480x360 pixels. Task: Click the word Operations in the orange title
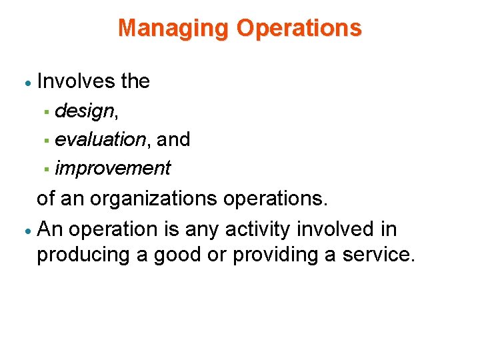[299, 28]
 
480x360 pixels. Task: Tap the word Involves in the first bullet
[77, 81]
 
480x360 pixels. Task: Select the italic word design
[84, 111]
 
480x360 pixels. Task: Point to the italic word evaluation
[101, 139]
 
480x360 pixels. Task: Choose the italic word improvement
[113, 168]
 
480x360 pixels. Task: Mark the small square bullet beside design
[47, 112]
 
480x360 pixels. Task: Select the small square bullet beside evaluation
[47, 141]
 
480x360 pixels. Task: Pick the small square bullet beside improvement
[47, 169]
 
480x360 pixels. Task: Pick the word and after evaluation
[173, 139]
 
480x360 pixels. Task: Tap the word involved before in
[339, 229]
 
